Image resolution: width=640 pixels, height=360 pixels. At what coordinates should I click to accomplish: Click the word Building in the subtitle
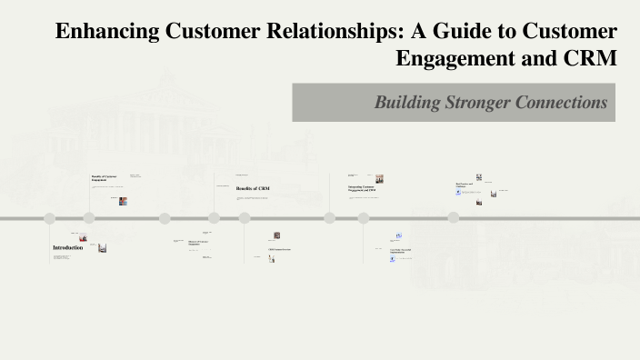pos(406,103)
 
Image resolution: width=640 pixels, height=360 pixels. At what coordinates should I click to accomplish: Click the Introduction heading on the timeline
pos(67,247)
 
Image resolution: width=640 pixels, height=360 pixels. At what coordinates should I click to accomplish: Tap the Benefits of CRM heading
pos(253,188)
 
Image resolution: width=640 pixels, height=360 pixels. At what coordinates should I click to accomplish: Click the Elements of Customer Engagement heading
pos(199,242)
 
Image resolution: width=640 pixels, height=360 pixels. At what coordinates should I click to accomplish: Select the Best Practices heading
pos(465,185)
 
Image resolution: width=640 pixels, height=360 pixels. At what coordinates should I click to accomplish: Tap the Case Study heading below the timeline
pos(400,251)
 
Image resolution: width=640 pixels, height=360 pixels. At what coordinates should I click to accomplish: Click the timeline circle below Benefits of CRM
pos(245,218)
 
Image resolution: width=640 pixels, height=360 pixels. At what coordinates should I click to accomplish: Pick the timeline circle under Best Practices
pos(453,218)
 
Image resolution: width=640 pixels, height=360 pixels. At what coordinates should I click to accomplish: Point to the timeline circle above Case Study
pos(364,218)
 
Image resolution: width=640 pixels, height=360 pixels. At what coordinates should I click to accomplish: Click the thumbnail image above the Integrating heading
pos(379,179)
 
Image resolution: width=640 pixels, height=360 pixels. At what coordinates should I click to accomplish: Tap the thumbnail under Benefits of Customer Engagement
pos(123,201)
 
